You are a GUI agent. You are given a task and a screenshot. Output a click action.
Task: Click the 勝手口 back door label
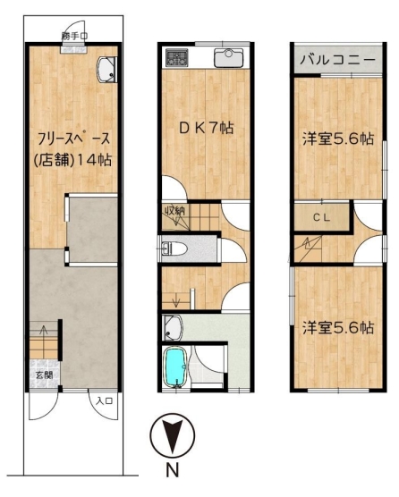(x=74, y=36)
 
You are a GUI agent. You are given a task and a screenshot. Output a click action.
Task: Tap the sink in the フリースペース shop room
(x=106, y=70)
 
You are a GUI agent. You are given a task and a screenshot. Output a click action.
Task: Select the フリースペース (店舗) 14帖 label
(x=73, y=150)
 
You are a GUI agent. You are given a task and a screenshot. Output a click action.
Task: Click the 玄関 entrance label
(x=44, y=375)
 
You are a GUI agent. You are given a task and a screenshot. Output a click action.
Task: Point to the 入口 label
(x=105, y=401)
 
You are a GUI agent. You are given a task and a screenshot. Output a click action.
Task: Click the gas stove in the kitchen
(x=176, y=57)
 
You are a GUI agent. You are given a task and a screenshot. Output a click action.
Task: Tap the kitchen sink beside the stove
(x=228, y=58)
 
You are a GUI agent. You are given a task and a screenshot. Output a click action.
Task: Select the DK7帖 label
(x=207, y=128)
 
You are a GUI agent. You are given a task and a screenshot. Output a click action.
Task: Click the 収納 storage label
(x=174, y=210)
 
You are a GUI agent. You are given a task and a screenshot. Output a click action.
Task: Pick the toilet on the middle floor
(x=174, y=248)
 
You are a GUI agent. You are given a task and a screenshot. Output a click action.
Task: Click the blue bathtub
(x=174, y=366)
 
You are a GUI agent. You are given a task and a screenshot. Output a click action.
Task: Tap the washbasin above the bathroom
(x=172, y=327)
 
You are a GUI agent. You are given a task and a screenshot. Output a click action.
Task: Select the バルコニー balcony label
(x=337, y=60)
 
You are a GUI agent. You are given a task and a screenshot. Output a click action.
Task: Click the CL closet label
(x=322, y=218)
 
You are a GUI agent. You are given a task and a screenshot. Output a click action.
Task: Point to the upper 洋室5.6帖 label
(x=338, y=139)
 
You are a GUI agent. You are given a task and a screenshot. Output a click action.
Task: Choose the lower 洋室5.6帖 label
(x=338, y=327)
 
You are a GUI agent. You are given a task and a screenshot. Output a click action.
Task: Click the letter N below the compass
(x=173, y=470)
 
